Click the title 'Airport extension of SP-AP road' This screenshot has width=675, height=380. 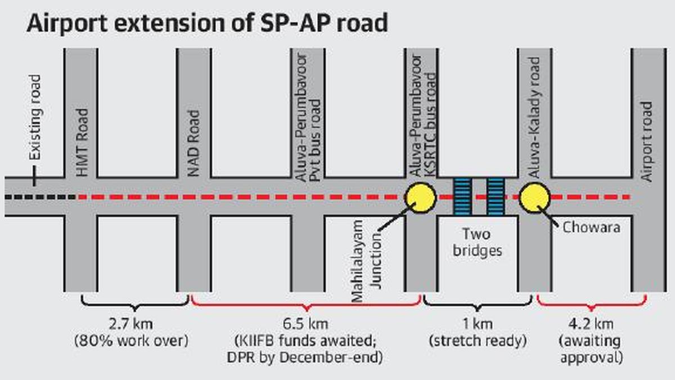click(x=208, y=23)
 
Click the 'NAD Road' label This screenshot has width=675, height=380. click(x=194, y=144)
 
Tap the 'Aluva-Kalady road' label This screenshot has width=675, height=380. click(x=534, y=118)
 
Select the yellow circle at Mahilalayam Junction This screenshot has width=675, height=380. click(x=421, y=198)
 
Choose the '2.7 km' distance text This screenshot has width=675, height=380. click(x=135, y=325)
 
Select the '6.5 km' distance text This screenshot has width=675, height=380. click(x=307, y=325)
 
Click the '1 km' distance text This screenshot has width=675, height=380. click(x=478, y=325)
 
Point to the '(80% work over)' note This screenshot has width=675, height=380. click(x=135, y=341)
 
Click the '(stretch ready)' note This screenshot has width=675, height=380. click(x=478, y=341)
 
